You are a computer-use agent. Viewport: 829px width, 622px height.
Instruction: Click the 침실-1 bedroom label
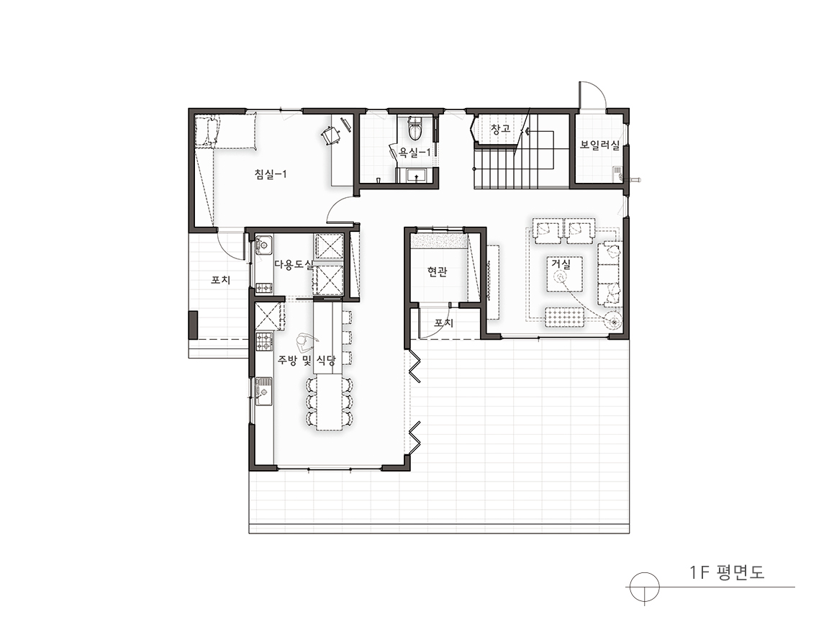[x=271, y=173]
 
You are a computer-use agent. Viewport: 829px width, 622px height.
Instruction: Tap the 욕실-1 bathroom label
[x=417, y=153]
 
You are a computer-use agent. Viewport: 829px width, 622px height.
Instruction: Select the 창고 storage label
[x=499, y=129]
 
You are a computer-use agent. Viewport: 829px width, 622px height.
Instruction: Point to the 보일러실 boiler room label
[x=599, y=144]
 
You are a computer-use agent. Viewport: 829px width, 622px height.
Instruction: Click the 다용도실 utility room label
[x=294, y=264]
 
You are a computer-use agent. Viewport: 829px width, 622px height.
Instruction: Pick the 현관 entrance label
[x=438, y=272]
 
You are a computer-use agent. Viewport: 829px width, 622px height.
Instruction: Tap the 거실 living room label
[x=561, y=264]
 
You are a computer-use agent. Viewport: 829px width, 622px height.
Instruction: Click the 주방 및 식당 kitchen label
[x=307, y=361]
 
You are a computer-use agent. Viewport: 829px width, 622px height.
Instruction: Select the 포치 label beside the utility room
[x=220, y=279]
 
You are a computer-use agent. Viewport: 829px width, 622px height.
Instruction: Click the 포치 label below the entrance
[x=443, y=322]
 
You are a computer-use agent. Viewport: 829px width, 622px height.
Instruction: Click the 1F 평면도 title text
[x=727, y=572]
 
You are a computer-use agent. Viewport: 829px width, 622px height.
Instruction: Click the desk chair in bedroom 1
[x=331, y=135]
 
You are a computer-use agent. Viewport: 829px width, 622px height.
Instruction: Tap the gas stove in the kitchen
[x=264, y=341]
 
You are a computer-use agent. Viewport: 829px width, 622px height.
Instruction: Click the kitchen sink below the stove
[x=264, y=391]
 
